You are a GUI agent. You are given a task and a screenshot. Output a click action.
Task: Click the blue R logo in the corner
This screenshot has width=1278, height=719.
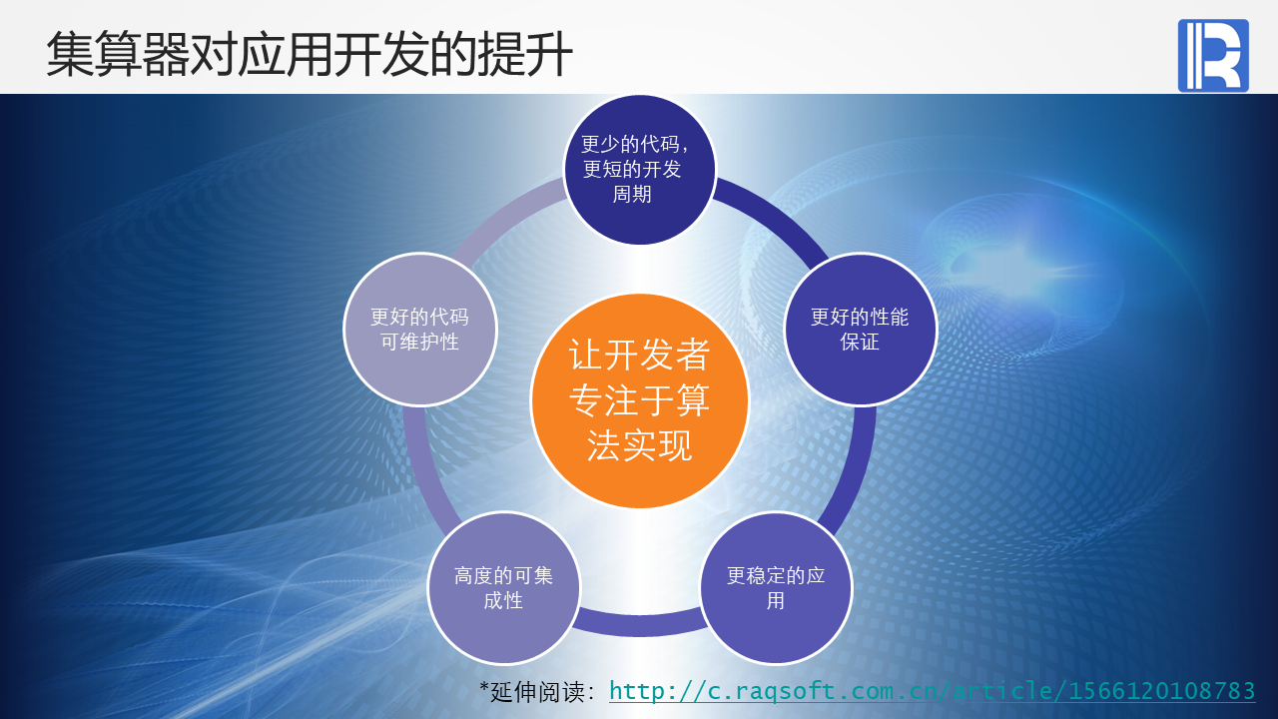coord(1213,55)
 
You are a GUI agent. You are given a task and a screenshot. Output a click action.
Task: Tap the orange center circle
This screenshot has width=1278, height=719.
coord(640,400)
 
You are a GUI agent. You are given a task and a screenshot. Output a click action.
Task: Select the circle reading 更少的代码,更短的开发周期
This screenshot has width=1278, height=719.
coord(640,170)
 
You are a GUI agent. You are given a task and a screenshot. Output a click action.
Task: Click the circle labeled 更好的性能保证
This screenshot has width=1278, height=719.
coord(861,330)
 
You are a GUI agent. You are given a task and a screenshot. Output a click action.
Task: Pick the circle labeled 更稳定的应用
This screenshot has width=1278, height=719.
coord(776,588)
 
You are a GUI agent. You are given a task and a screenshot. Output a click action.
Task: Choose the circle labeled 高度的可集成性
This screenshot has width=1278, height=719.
coord(503,588)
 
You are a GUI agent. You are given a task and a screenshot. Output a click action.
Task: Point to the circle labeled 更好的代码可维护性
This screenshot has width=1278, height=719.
coord(420,330)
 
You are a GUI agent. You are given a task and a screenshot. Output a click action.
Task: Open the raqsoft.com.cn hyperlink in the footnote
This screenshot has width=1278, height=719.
coord(932,691)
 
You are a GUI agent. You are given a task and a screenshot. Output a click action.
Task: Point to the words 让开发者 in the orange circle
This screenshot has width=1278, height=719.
coord(639,355)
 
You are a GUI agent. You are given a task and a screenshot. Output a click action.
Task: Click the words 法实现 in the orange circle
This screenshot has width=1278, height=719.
coord(639,445)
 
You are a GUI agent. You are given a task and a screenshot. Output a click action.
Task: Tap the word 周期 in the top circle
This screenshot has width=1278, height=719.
coord(632,194)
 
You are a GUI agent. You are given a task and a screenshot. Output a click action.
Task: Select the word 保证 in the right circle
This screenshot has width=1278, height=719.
coord(860,342)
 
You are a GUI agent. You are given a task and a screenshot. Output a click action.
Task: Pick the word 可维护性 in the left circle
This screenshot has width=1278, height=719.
coord(420,342)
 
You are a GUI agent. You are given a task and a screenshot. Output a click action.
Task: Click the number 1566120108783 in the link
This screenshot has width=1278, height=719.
coord(1161,690)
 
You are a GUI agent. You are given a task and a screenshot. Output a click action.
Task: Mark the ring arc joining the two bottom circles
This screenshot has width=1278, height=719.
coord(640,625)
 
